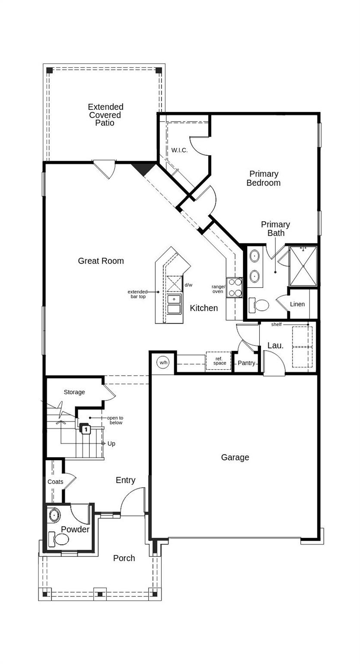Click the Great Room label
(101, 261)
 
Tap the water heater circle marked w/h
(163, 363)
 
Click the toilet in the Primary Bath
(261, 305)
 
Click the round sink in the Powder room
(54, 515)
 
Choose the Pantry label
(246, 363)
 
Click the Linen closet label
(297, 304)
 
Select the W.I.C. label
(179, 150)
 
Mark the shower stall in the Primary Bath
(303, 266)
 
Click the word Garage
(235, 457)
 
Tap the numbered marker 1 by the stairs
(86, 430)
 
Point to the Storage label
(74, 392)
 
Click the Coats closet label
(55, 482)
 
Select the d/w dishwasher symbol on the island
(175, 284)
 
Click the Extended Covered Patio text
(105, 115)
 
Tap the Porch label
(124, 558)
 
